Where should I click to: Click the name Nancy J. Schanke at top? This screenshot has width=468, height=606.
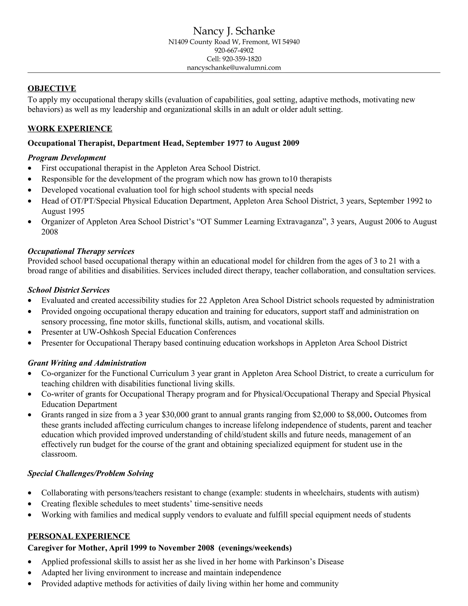point(234,31)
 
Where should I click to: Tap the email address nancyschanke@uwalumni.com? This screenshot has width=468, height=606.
point(234,68)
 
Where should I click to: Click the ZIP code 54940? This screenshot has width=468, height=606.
point(291,42)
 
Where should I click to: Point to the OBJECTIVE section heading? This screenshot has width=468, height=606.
point(52,88)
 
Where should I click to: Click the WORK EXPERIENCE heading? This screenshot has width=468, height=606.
point(70,129)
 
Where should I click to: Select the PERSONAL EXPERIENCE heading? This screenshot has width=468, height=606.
point(79,536)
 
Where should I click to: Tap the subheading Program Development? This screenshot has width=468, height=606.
point(67,158)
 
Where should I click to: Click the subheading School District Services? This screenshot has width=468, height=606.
point(69,290)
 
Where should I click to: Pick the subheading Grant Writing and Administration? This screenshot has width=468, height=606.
point(87,363)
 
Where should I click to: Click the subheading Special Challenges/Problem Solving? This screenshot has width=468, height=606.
point(91,473)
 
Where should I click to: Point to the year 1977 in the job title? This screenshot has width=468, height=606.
point(235,143)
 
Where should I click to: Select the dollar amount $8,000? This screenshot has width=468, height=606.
point(359,415)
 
